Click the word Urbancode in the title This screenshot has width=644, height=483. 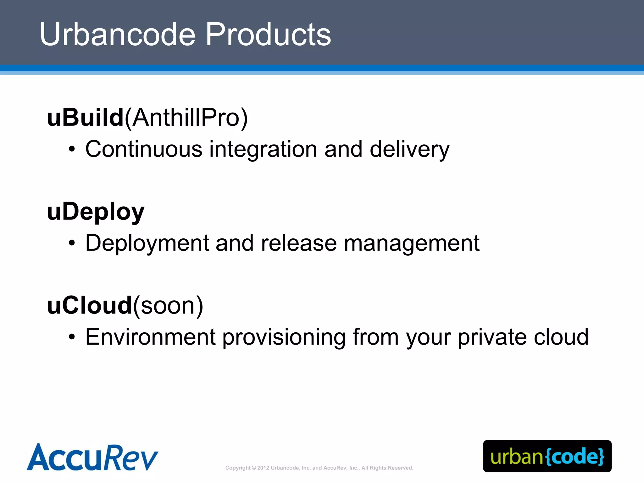tap(117, 34)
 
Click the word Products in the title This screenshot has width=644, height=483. tap(268, 34)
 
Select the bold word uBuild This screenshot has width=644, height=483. tap(85, 118)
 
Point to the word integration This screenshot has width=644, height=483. tap(263, 150)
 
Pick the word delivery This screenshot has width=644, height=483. tap(409, 150)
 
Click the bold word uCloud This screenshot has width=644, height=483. tap(89, 306)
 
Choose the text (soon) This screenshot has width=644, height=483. tap(168, 306)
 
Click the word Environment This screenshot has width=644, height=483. tap(150, 337)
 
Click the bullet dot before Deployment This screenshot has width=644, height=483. tap(72, 243)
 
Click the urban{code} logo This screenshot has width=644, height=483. tap(547, 456)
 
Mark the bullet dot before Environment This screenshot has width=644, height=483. tap(72, 337)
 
